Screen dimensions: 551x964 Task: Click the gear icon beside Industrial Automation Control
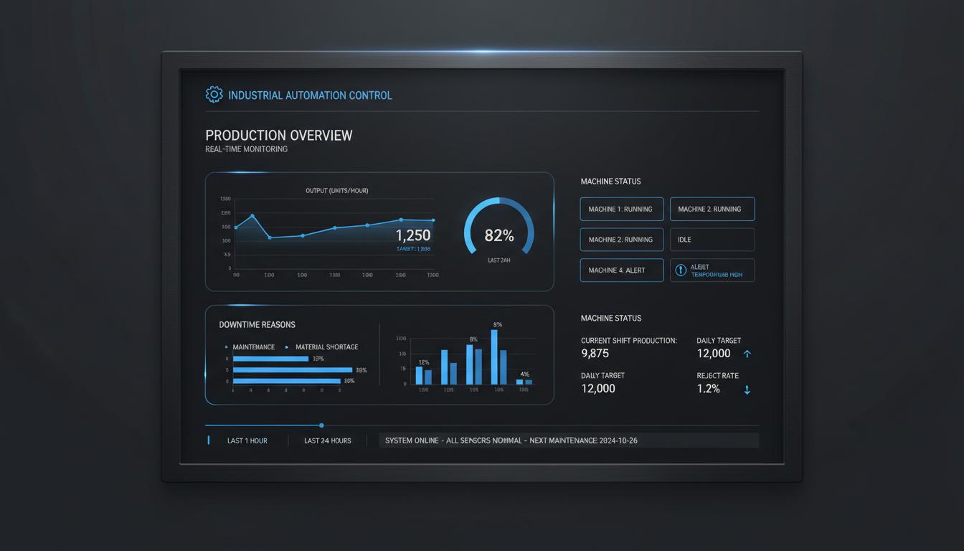click(214, 94)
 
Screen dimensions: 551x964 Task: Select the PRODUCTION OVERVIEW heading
click(278, 135)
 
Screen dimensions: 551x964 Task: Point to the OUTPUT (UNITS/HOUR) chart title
click(336, 190)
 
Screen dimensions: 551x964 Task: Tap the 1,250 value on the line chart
click(413, 235)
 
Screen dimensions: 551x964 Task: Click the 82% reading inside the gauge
click(499, 235)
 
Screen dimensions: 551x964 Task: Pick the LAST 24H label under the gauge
click(498, 260)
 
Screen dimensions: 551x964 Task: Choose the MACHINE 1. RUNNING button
click(621, 209)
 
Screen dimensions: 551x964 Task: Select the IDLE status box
click(712, 240)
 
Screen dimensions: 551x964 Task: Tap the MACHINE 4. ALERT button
click(621, 270)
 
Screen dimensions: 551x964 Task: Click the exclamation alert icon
click(681, 270)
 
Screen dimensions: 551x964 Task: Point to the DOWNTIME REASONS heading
click(257, 325)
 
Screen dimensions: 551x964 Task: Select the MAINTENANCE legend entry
click(253, 347)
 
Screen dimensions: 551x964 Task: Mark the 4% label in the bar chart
click(524, 375)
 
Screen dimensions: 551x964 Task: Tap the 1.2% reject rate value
click(708, 389)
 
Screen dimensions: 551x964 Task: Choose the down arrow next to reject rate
click(747, 390)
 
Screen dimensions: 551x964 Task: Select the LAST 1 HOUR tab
click(247, 441)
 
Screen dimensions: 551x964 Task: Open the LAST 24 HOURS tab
click(327, 441)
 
